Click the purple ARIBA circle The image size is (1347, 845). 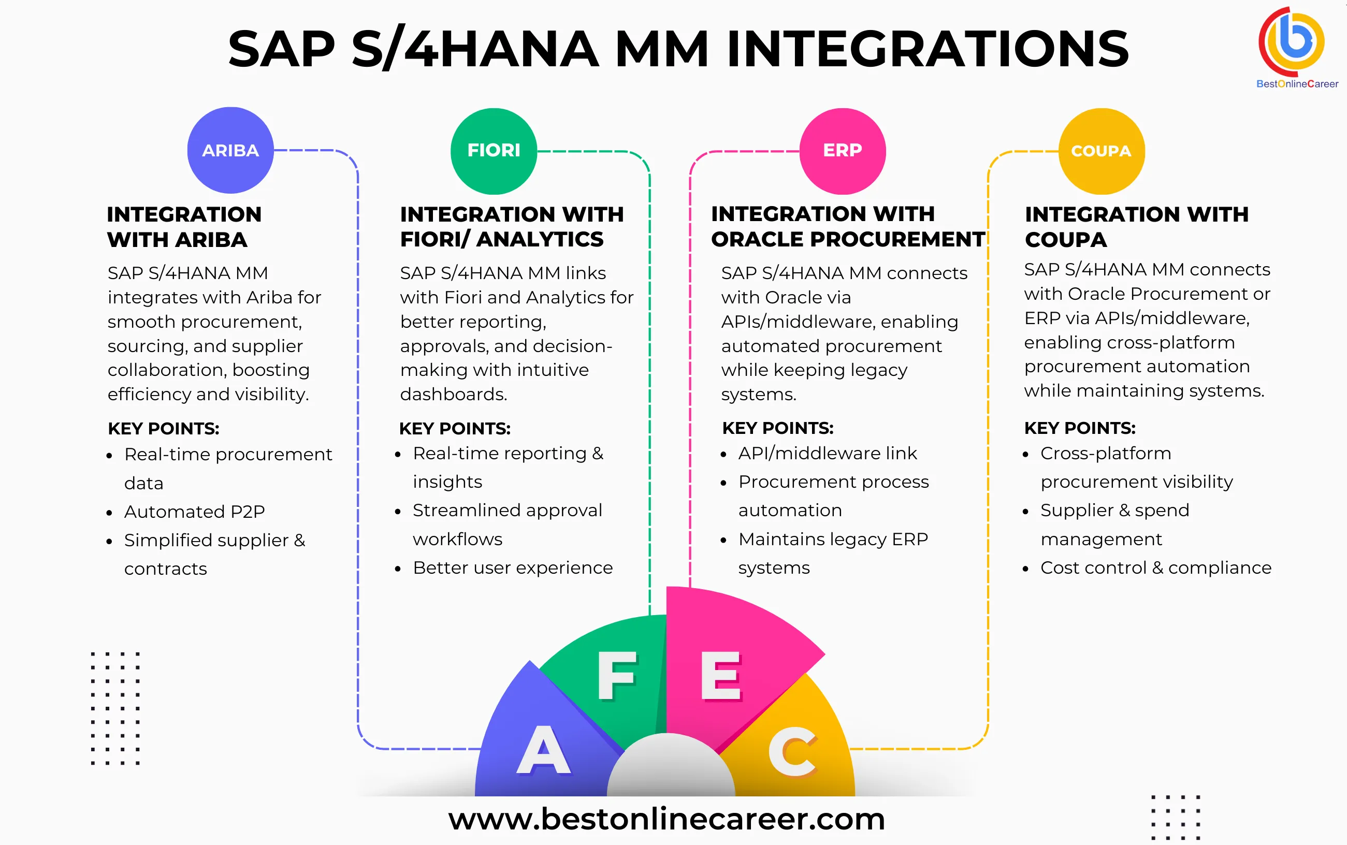point(230,150)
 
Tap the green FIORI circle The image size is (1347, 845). point(494,151)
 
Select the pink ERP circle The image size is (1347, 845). point(842,151)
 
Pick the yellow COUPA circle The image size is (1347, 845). point(1101,151)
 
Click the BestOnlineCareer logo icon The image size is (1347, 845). point(1291,41)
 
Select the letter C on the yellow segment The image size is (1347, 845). point(792,752)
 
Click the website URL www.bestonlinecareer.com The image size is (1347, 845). point(666,819)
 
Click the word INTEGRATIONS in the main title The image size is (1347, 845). point(928,49)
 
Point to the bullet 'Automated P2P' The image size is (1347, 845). point(194,512)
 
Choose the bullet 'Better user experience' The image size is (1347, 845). point(513,568)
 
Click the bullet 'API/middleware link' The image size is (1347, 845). point(827,453)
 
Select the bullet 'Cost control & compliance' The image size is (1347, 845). point(1155,568)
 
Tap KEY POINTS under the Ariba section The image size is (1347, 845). point(163,429)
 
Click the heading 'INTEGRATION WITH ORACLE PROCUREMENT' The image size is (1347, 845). point(847,226)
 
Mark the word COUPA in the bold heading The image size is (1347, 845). point(1065,240)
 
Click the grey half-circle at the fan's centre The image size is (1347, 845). point(670,768)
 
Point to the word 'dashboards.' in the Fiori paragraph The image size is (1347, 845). point(453,395)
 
